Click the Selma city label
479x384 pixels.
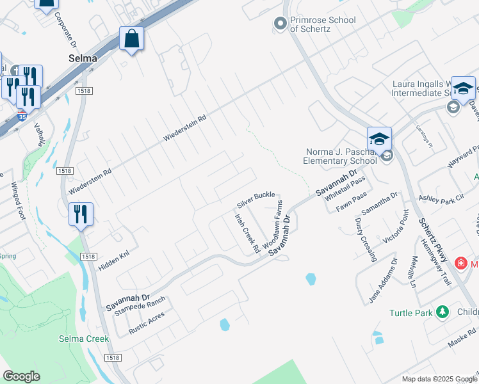point(83,58)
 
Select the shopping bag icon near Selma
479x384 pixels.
point(131,39)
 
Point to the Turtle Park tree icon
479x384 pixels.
point(442,312)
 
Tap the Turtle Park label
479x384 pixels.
point(411,313)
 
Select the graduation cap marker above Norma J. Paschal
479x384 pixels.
point(378,138)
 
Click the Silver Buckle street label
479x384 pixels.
point(256,200)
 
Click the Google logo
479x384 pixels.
point(21,376)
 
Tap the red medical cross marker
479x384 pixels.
point(460,263)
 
